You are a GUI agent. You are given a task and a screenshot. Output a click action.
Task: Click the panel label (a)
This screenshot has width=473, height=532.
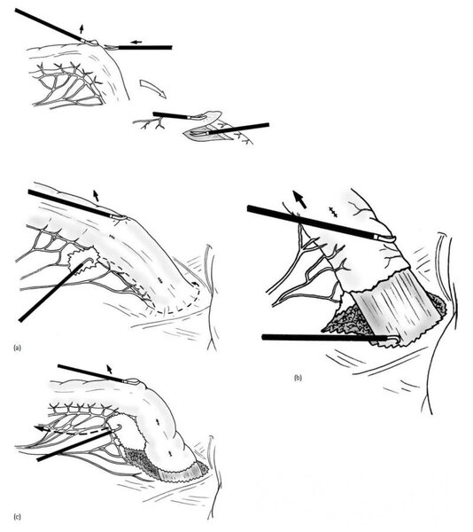18,348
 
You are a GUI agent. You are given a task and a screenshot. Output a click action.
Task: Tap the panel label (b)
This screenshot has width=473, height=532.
298,378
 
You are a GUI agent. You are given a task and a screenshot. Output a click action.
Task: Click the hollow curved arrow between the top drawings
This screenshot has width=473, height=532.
153,88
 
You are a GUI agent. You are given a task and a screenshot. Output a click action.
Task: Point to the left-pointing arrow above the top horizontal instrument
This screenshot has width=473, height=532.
136,42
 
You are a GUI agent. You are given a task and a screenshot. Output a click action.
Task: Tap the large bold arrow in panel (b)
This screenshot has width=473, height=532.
300,199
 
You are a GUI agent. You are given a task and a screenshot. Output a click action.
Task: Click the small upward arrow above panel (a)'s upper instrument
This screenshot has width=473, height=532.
97,196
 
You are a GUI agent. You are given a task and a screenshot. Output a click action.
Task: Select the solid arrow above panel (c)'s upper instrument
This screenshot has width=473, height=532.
109,369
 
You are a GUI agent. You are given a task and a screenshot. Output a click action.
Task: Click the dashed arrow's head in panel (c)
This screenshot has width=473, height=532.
38,428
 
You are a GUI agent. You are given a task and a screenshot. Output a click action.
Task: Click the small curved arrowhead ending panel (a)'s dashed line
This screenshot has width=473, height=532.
196,285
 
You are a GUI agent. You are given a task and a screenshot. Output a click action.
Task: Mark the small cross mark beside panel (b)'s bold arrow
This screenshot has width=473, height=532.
333,211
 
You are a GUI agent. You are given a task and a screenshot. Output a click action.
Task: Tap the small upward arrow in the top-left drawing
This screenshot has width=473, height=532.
81,29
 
